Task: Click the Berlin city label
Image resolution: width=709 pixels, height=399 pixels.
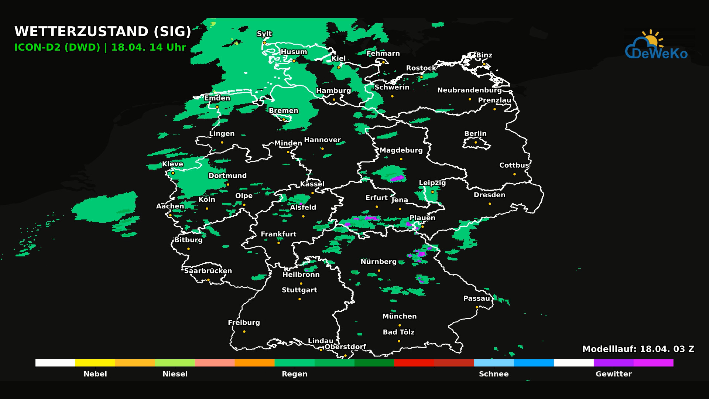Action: click(475, 134)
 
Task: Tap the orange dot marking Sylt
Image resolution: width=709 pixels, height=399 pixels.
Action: click(264, 43)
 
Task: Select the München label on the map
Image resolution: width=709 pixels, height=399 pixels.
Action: click(399, 316)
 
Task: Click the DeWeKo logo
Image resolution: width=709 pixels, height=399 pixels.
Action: click(656, 46)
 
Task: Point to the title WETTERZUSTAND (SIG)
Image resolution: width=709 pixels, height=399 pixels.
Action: click(103, 31)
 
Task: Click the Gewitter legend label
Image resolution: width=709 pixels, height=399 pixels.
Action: click(613, 374)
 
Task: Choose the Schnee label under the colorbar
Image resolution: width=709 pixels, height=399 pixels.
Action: click(493, 374)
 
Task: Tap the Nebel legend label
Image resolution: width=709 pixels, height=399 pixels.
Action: click(95, 374)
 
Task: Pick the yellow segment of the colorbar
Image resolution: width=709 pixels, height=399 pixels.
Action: click(95, 363)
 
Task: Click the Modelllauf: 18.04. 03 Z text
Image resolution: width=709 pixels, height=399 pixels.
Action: click(638, 349)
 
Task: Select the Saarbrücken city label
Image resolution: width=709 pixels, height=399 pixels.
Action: click(208, 271)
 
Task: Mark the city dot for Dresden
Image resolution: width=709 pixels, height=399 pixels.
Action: click(490, 204)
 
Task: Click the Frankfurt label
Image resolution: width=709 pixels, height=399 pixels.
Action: click(278, 234)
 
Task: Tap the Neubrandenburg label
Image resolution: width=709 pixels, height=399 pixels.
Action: click(469, 90)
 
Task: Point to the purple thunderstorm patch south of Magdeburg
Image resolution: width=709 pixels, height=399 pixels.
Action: click(397, 179)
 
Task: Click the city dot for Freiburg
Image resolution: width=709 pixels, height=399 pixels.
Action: click(244, 332)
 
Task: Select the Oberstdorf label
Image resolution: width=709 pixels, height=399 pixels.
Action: click(345, 347)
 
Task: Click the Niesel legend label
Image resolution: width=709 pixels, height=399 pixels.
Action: click(175, 374)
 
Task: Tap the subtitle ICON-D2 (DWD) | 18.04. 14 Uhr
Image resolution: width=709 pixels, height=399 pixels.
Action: click(100, 47)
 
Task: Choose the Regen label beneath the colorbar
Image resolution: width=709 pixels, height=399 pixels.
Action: click(294, 374)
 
